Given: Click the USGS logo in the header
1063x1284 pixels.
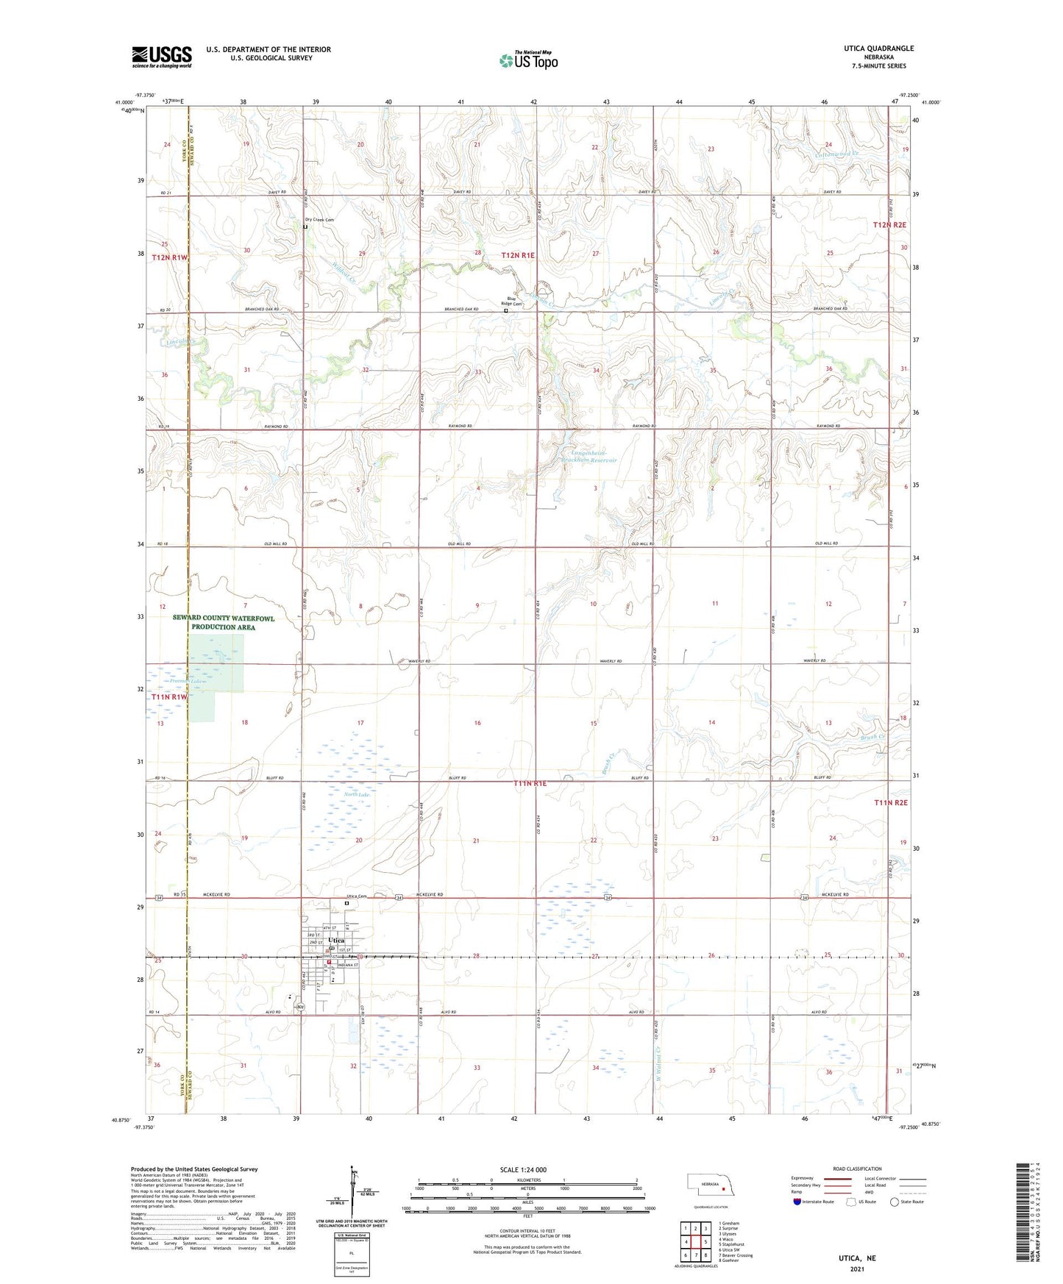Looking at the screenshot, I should point(162,57).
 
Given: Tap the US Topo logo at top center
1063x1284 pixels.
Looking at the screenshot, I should point(528,60).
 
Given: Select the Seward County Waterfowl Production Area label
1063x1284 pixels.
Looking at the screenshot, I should point(223,623).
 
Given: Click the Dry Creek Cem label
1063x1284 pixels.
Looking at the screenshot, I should point(319,220).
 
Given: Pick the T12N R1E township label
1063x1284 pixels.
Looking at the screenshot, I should point(519,255).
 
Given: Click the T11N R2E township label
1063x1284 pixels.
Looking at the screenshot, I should point(891,803).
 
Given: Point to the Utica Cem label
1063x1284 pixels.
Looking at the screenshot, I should point(356,896).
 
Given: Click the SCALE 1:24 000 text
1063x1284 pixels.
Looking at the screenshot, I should point(522,1170).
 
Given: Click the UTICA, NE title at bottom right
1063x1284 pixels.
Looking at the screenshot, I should point(857,1258).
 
